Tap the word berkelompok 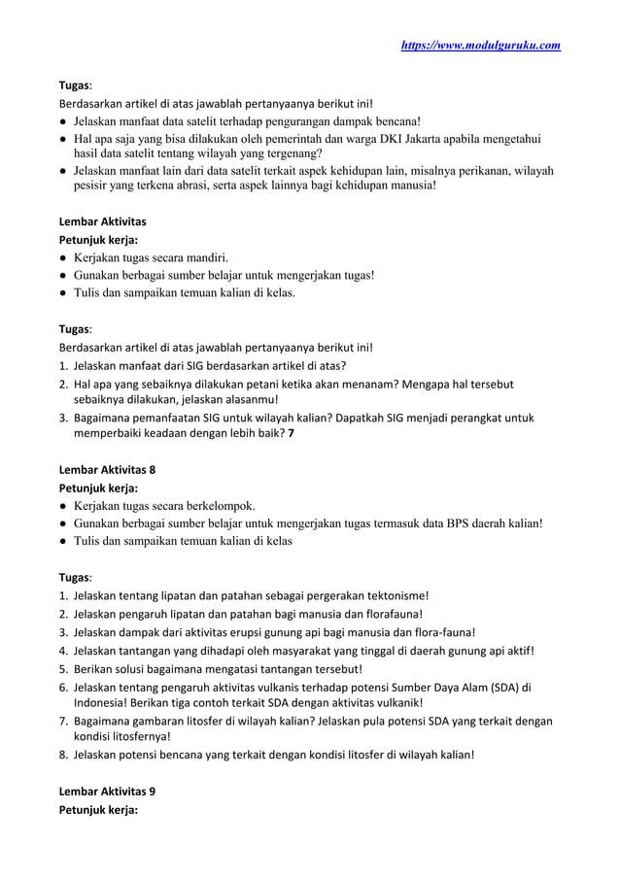click(216, 505)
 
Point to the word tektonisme click(394, 595)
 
